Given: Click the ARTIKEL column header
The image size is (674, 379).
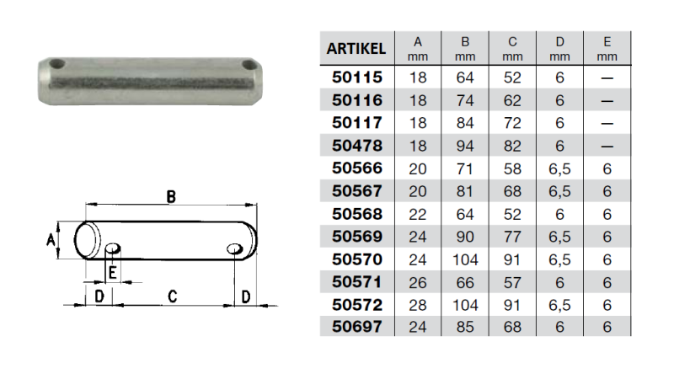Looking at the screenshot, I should (x=356, y=49).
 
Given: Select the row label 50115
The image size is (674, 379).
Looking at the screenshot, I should (x=356, y=77).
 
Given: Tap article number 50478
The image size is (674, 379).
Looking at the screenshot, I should (x=356, y=146).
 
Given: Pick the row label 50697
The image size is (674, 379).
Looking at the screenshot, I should (x=356, y=327).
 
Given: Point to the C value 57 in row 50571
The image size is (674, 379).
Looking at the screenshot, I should (x=511, y=281).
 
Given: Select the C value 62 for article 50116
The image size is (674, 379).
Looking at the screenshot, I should (x=511, y=100).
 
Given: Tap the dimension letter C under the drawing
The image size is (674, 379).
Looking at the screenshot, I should (x=171, y=296).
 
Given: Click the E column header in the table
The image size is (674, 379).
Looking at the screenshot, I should (x=606, y=48).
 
